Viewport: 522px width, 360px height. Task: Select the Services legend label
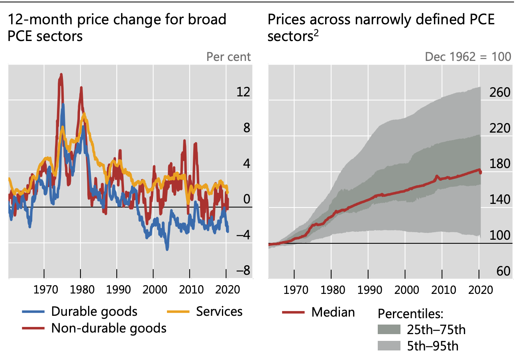(219, 311)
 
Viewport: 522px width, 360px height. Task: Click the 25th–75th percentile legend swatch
(388, 330)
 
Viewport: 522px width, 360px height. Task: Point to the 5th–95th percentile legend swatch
(388, 346)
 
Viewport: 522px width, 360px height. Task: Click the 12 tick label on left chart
(243, 92)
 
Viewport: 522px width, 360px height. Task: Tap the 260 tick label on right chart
(499, 92)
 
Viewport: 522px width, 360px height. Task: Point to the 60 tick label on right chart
(503, 271)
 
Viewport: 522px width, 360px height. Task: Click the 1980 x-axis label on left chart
(80, 289)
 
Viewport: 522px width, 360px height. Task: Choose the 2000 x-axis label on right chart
(405, 289)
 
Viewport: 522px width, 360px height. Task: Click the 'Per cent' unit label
(229, 57)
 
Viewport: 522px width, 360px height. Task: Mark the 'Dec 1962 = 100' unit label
(468, 57)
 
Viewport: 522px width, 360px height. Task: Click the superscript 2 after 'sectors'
(316, 34)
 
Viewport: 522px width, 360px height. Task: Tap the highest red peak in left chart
(61, 74)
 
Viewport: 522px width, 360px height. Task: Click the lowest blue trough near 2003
(167, 249)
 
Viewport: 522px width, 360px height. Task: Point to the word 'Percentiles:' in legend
(410, 314)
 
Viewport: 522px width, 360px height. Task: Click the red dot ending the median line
(480, 172)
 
